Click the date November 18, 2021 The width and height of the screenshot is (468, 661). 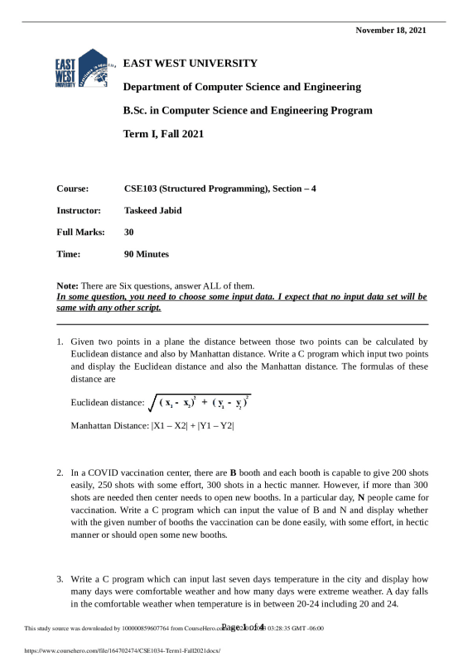pos(391,31)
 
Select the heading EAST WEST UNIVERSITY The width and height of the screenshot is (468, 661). pos(191,63)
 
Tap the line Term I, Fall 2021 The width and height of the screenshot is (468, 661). pos(163,133)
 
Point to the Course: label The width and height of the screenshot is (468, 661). pos(72,189)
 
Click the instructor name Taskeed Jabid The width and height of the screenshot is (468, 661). pos(152,210)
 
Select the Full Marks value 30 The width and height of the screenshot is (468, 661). pos(128,232)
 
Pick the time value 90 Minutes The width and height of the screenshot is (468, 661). pos(146,254)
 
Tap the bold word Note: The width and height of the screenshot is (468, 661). pos(67,285)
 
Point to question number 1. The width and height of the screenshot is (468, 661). pos(60,341)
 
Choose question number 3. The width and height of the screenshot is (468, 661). pos(60,575)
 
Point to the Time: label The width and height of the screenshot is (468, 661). pos(68,254)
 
